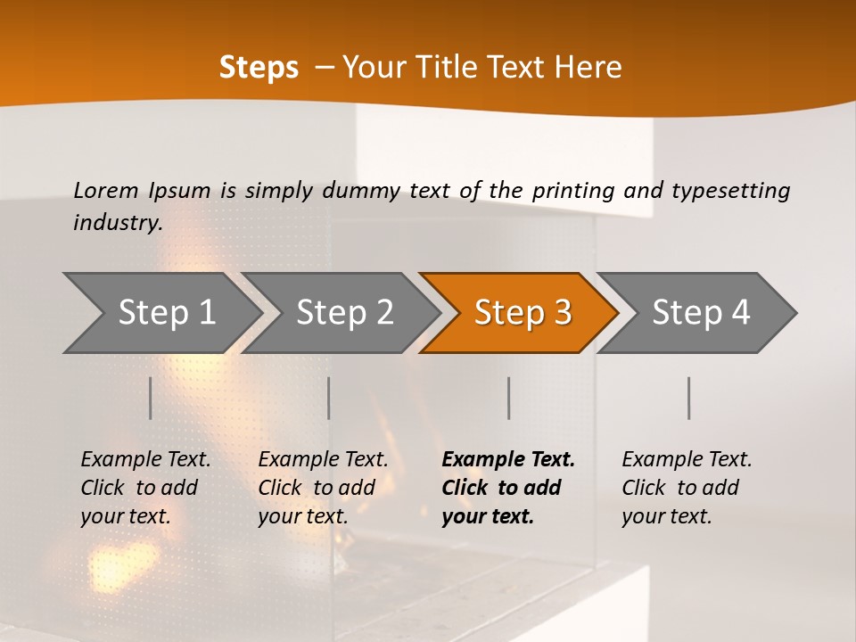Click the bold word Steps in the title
point(259,68)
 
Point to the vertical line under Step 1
point(151,398)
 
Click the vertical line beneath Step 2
point(329,398)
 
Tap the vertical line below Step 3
point(509,398)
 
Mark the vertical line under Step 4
point(689,398)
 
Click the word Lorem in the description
point(106,190)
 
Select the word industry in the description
point(117,223)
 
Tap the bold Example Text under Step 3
point(508,459)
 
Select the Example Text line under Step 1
point(145,459)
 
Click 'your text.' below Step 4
point(666,516)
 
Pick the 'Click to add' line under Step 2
point(317,488)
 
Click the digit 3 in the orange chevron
point(562,313)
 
